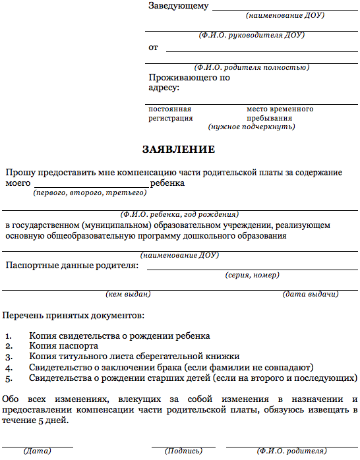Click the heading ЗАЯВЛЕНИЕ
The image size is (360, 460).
pos(179,149)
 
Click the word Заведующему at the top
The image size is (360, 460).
pos(179,6)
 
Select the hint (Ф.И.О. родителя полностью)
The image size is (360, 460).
pos(252,67)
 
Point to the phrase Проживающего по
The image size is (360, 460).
pos(189,77)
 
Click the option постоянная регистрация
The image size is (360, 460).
pos(170,113)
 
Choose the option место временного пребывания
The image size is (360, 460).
pos(280,113)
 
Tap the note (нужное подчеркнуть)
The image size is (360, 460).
pos(251,127)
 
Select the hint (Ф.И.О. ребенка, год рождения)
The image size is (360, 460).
pos(179,214)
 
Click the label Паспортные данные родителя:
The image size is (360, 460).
pos(72,265)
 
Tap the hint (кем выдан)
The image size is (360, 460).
pos(128,294)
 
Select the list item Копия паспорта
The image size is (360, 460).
pos(63,345)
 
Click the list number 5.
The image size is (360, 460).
pos(8,378)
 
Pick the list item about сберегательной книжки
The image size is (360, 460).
pos(129,357)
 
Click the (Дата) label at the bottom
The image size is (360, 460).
pos(37,451)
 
